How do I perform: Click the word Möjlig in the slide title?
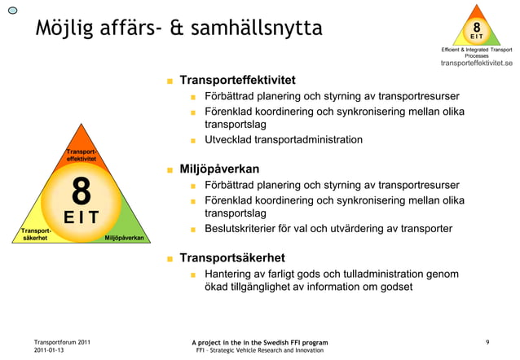pyautogui.click(x=64, y=29)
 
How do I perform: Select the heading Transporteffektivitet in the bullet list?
pyautogui.click(x=237, y=81)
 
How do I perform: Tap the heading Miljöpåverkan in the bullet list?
pyautogui.click(x=219, y=169)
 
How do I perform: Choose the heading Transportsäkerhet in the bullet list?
pyautogui.click(x=232, y=258)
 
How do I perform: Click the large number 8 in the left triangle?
pyautogui.click(x=81, y=193)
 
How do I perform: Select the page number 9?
pyautogui.click(x=487, y=342)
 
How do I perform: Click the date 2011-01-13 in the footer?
pyautogui.click(x=51, y=350)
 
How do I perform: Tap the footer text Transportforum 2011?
pyautogui.click(x=62, y=342)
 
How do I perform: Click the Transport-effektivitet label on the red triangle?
pyautogui.click(x=82, y=155)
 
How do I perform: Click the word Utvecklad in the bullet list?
pyautogui.click(x=227, y=140)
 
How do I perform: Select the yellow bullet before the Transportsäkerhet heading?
pyautogui.click(x=170, y=259)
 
